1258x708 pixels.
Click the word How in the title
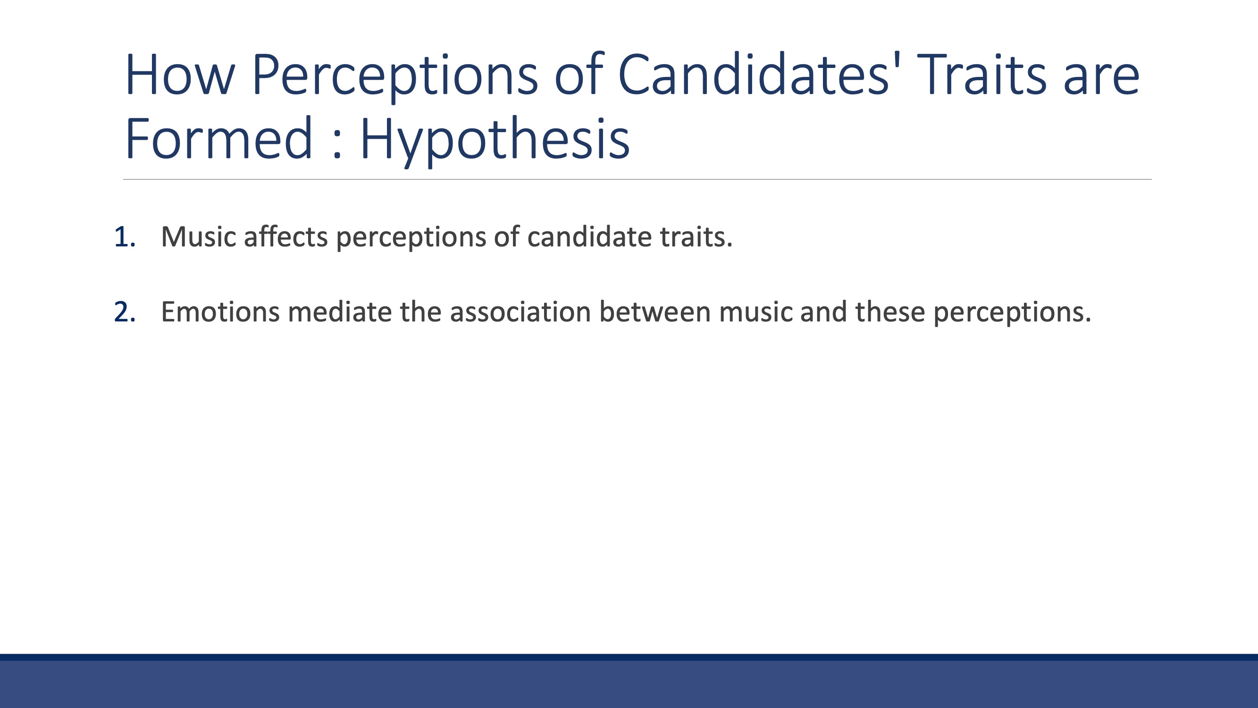tap(180, 75)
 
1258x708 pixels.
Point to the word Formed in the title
tap(218, 138)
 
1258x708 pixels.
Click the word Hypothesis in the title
tap(495, 142)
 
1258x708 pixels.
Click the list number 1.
tap(125, 237)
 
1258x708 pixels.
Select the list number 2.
tap(125, 312)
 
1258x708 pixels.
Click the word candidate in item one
tap(589, 237)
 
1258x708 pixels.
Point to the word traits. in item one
tap(696, 237)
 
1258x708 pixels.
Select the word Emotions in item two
tap(220, 312)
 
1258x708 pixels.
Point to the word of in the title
tap(579, 73)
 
